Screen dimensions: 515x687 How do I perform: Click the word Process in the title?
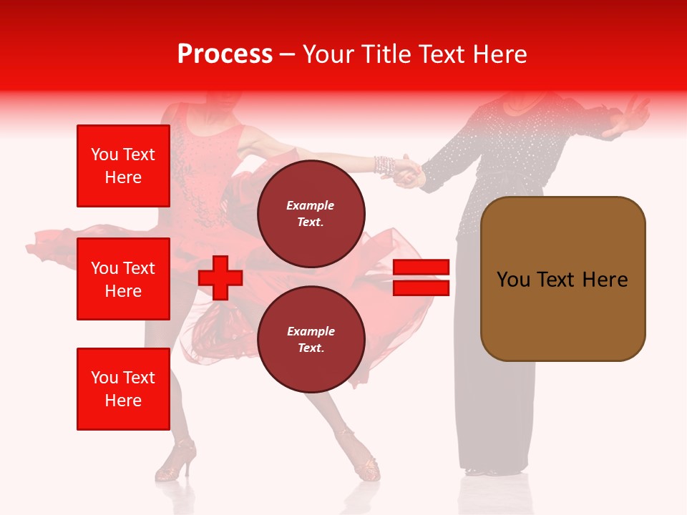click(225, 54)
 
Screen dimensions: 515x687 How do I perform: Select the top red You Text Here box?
click(123, 166)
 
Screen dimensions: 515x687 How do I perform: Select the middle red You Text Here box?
click(123, 279)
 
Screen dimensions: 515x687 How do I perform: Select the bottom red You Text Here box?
click(123, 389)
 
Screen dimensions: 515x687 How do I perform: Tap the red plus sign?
click(220, 278)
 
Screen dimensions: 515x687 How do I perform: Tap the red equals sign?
click(421, 278)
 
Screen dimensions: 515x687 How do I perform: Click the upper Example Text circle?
click(311, 213)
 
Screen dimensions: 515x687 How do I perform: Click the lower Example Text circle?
click(311, 339)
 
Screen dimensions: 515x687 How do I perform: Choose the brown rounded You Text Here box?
click(562, 279)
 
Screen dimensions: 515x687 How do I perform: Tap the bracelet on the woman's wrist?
click(384, 165)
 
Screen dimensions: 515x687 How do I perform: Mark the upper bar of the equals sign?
click(421, 268)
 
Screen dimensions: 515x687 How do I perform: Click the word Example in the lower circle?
click(311, 331)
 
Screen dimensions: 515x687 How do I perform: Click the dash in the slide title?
click(288, 54)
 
